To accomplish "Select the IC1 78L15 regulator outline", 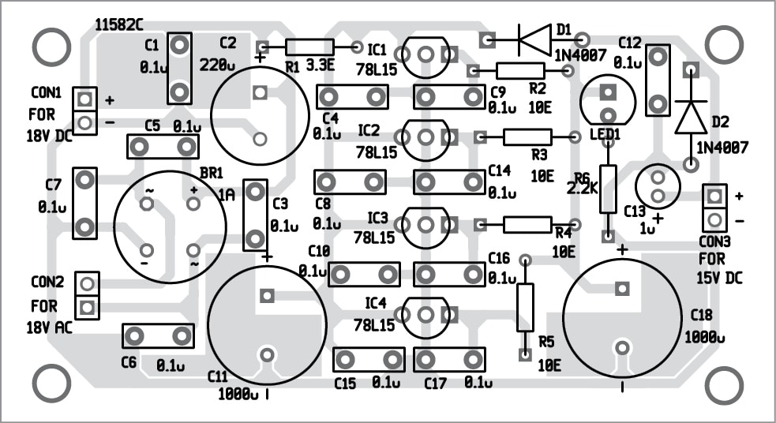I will pos(426,54).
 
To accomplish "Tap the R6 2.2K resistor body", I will pos(607,189).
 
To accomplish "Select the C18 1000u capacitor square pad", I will pos(621,288).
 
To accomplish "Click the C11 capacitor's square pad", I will pos(267,296).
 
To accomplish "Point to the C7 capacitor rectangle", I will pos(84,204).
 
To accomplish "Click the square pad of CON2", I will pos(88,305).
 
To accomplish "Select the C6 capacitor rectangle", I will pos(159,336).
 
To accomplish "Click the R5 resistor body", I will pos(525,307).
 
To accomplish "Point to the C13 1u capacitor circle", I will pos(657,186).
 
